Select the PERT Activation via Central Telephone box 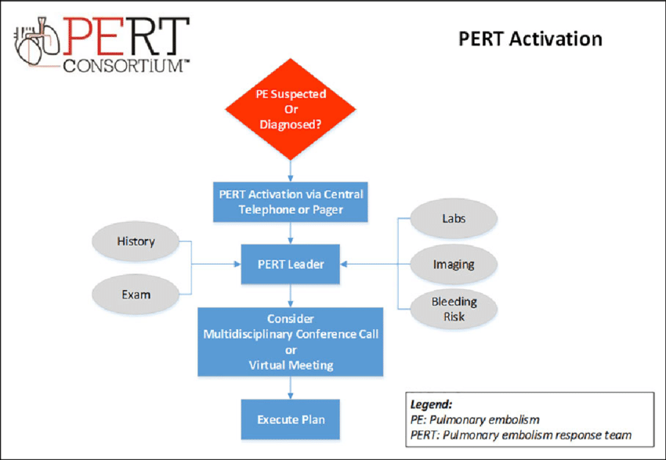pos(291,201)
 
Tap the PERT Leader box pos(291,264)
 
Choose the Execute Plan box pos(291,419)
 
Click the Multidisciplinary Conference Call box pos(291,342)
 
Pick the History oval pos(136,241)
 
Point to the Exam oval pos(136,295)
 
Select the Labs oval pos(454,219)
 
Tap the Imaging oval pos(454,264)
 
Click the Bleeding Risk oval pos(454,309)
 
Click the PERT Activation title pos(530,38)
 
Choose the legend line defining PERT pos(520,435)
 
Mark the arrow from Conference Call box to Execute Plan pos(291,387)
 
